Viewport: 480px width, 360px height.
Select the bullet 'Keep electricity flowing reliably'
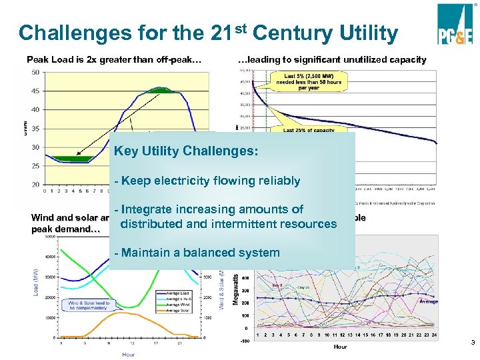207,181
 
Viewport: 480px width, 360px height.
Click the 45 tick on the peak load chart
35,91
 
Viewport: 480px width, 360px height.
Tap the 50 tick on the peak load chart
35,73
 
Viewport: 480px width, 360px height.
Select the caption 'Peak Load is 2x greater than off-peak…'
114,60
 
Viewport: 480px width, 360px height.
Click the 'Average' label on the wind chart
429,301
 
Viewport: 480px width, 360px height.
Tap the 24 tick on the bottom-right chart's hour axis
435,335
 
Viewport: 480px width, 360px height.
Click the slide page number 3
472,343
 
